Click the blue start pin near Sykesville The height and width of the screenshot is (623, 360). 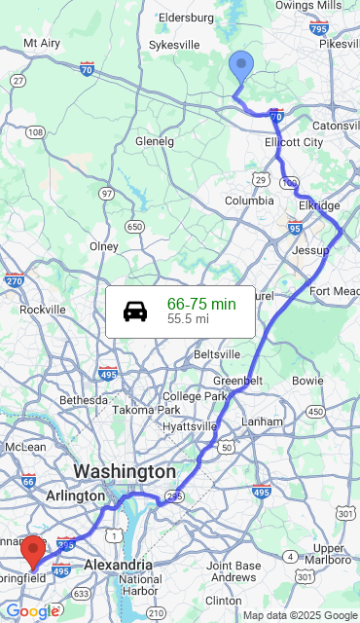point(240,67)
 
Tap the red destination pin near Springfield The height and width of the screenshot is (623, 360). point(33,550)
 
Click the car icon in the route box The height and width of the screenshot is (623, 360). point(135,311)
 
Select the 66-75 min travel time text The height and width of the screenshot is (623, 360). point(201,304)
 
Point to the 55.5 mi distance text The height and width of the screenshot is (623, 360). point(188,318)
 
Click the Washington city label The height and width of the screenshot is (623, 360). point(125,471)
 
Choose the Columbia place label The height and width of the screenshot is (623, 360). point(249,201)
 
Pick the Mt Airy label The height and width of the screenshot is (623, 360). point(42,43)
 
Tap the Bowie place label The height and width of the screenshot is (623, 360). point(307,380)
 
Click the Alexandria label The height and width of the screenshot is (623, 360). point(118,565)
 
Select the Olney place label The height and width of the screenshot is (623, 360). point(103,246)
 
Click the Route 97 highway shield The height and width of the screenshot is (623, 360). point(106,194)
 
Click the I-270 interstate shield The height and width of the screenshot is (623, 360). point(14,281)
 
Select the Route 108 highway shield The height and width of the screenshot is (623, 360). point(36,132)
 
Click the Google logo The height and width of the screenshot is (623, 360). point(31,611)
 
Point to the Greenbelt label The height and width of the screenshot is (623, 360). point(238,380)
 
